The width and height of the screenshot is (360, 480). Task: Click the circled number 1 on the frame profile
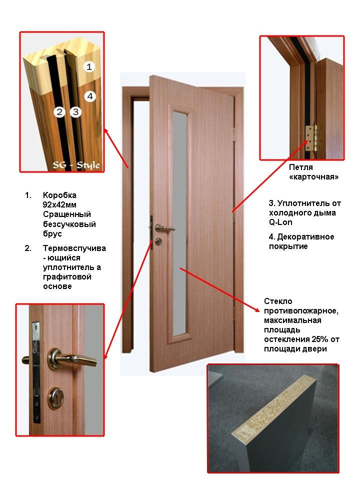[89, 66]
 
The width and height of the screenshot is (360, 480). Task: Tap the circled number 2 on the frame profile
[59, 111]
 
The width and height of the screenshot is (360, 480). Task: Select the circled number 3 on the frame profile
[75, 111]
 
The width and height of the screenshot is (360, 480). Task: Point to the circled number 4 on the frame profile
[89, 96]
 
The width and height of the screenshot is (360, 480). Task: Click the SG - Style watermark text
[76, 165]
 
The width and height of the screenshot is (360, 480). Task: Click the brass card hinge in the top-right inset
[312, 138]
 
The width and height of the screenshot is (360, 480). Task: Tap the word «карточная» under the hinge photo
[314, 176]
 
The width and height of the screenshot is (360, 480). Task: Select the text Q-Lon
[280, 222]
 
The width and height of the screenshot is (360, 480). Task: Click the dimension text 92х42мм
[59, 205]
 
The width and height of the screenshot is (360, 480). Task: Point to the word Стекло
[278, 301]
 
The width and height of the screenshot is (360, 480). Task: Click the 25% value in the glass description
[320, 339]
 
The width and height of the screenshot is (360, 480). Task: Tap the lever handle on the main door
[164, 228]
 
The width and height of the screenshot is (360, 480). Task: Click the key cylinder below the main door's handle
[158, 241]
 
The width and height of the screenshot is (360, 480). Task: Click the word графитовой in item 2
[67, 277]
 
